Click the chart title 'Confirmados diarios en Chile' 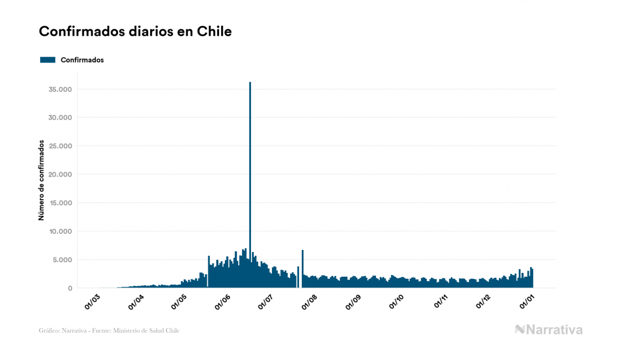pos(135,32)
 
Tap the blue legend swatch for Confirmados pos(48,60)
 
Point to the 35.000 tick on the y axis pos(60,89)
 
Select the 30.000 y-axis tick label pos(60,118)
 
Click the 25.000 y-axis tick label pos(60,146)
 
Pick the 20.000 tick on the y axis pos(60,174)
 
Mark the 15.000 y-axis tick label pos(60,203)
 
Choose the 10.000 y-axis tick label pos(60,231)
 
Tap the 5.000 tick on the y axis pos(62,260)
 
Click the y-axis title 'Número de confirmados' pos(41,181)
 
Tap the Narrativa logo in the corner pos(549,330)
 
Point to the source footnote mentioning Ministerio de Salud pos(109,331)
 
